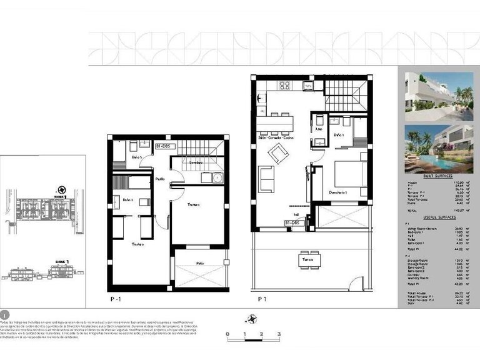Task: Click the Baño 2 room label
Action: pos(127,199)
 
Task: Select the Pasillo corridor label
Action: pos(161,178)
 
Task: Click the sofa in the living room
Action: pos(267,180)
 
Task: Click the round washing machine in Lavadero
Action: pos(216,177)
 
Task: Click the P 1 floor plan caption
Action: pos(263,299)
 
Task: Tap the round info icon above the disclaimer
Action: pos(4,313)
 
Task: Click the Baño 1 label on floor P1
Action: pos(339,134)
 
